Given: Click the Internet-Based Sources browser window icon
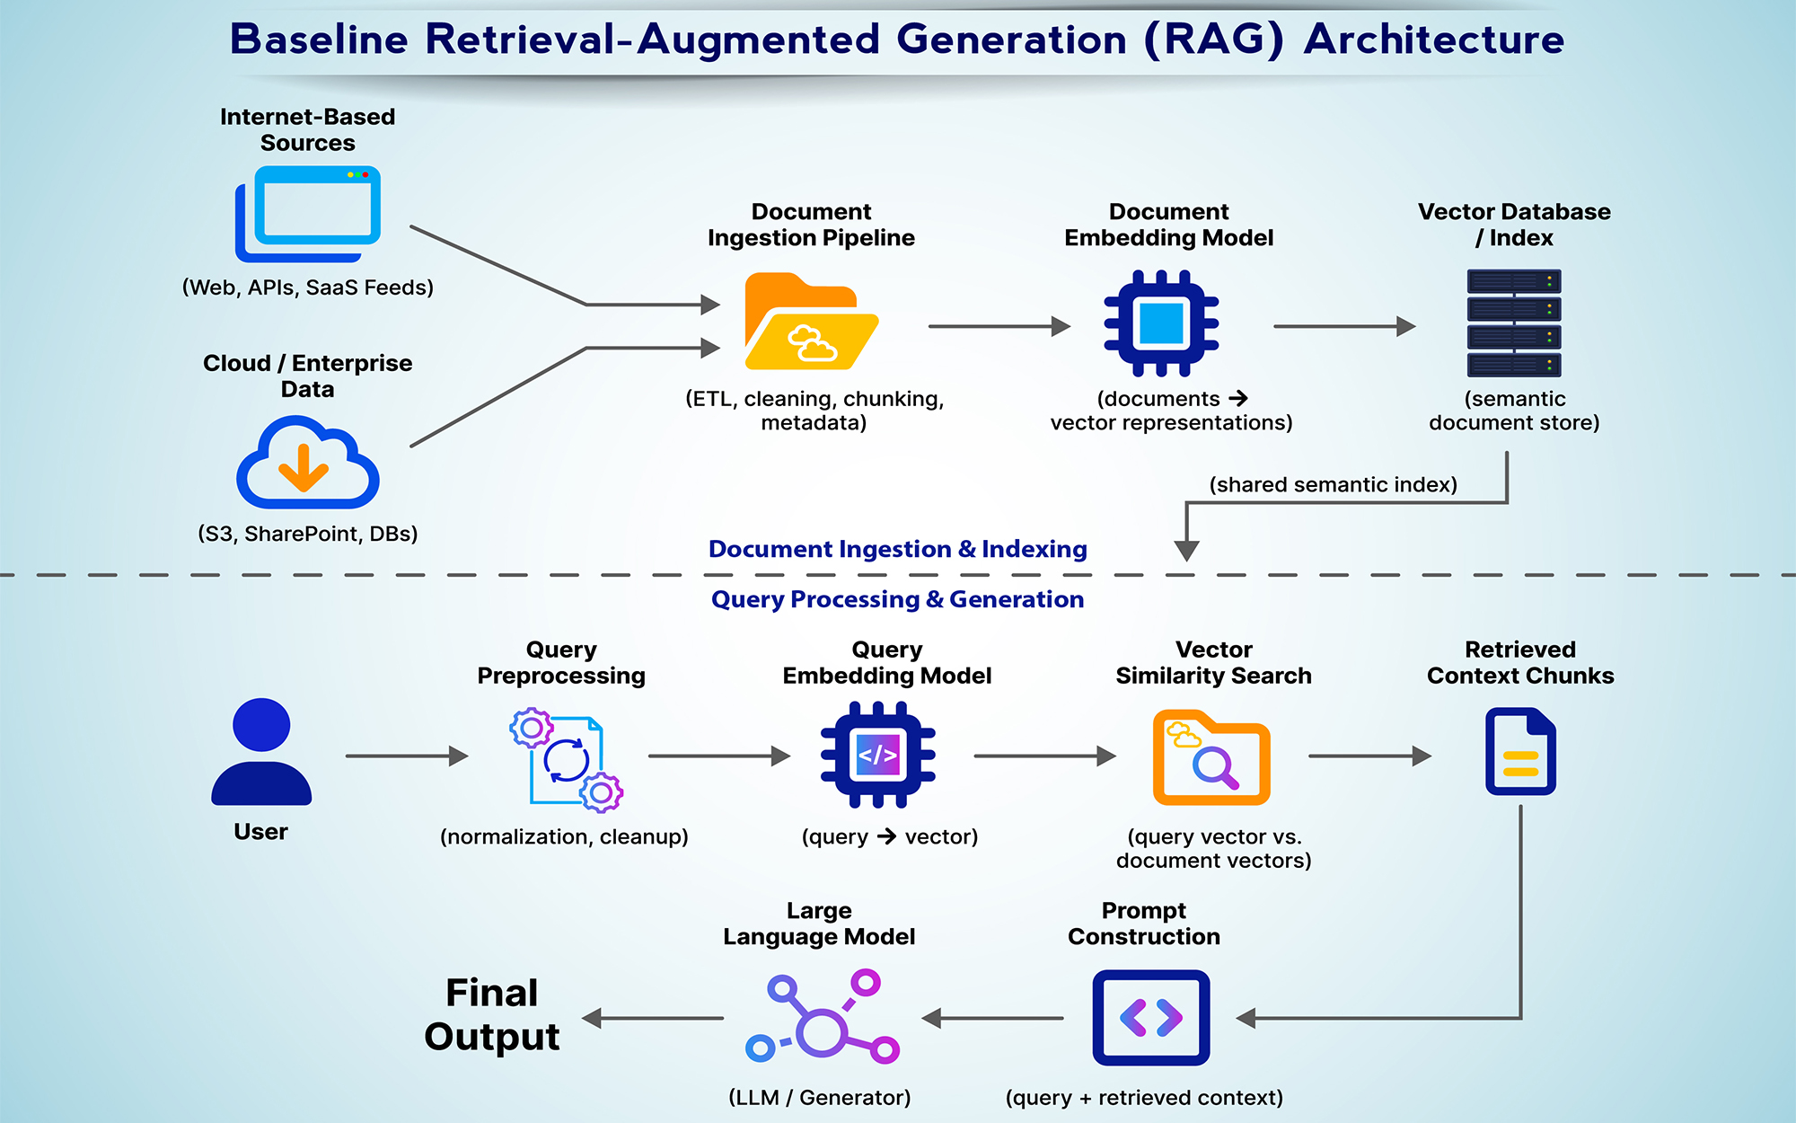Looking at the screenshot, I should click(308, 213).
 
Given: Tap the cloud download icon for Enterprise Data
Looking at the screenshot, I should click(307, 463).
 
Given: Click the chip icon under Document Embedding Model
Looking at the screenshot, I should click(1161, 323).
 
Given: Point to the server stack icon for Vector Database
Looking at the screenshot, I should click(1514, 323).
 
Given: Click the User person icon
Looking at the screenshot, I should click(261, 752).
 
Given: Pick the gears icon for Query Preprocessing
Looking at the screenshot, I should click(567, 760).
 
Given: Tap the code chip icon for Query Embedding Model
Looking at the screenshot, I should click(878, 755).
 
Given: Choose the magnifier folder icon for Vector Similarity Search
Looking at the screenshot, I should click(1211, 757).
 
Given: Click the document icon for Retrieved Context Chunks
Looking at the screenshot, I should click(1520, 752).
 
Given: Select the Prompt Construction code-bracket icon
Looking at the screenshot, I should click(1151, 1018).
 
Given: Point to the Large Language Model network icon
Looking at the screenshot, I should click(823, 1017).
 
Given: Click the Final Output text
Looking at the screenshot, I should click(492, 1014).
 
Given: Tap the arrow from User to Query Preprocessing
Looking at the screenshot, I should click(407, 756).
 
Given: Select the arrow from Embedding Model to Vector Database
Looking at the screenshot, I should click(1343, 327).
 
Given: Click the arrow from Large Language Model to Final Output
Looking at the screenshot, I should click(653, 1019).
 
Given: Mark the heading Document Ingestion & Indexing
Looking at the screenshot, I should click(897, 549).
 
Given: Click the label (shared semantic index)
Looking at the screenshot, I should click(1333, 485).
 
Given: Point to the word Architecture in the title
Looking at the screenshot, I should click(1434, 40).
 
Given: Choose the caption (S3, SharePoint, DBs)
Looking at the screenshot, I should click(308, 534).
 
